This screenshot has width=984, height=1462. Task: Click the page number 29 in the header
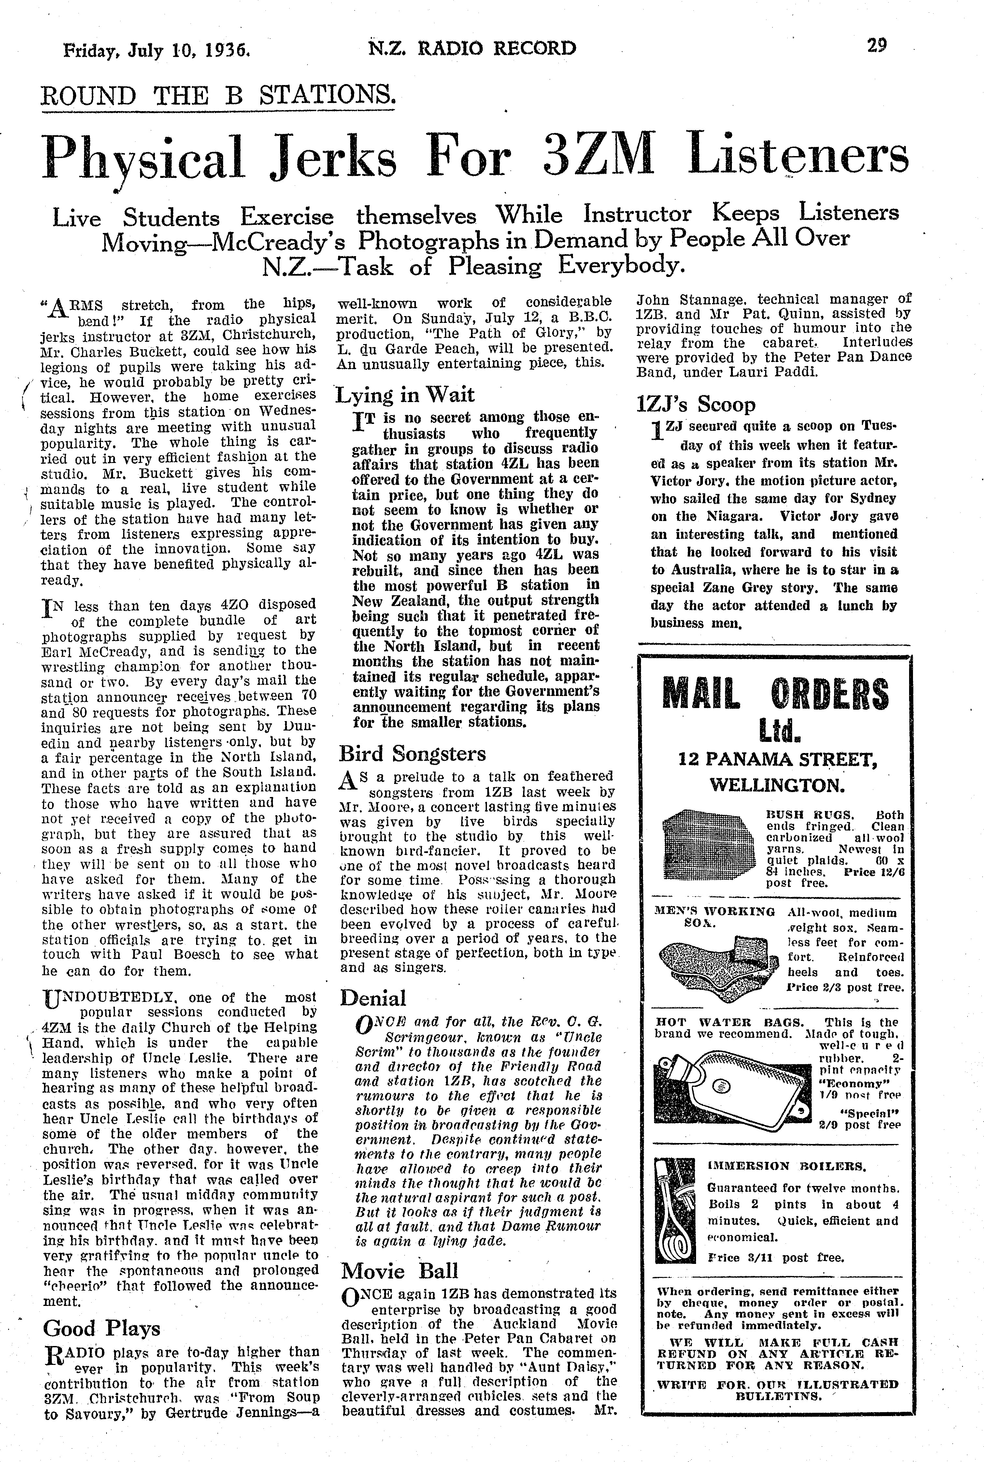877,47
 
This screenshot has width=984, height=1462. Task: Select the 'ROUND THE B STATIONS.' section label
218,95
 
